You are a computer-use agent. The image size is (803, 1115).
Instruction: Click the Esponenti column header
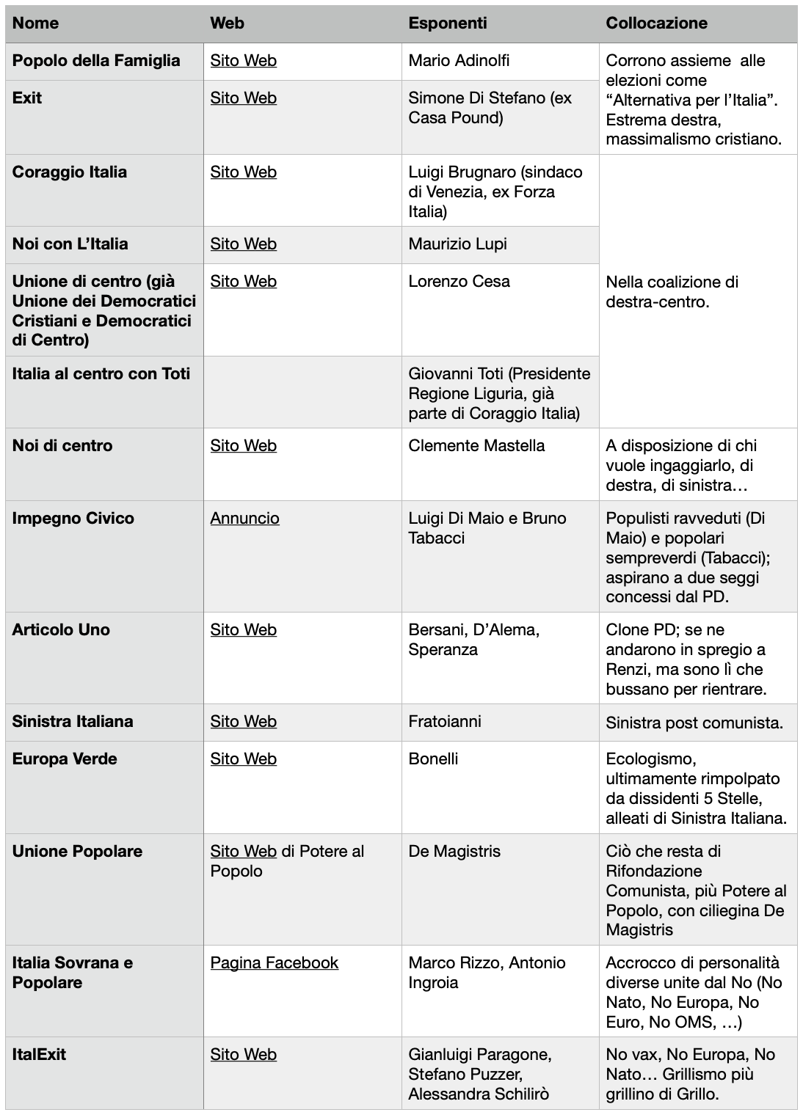tap(447, 23)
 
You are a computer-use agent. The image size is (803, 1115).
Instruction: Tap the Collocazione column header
tap(656, 23)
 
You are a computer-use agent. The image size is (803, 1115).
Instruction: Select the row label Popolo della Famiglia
tap(96, 60)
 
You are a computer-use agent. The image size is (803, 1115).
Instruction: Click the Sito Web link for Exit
tap(243, 98)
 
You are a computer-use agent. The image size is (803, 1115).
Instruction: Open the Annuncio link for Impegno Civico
tap(244, 518)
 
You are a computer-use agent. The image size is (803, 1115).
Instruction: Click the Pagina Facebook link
tap(274, 962)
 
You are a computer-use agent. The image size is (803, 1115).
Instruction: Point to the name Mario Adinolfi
tap(459, 60)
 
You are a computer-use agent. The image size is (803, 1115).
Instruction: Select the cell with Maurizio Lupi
tap(457, 244)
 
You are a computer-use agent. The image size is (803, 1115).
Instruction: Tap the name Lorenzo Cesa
tap(459, 281)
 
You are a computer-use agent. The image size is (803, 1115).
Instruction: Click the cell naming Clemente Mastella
tap(476, 445)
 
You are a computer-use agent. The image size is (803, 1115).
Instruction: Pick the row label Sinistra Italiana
tap(73, 721)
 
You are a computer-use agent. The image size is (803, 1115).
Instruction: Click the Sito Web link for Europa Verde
tap(243, 758)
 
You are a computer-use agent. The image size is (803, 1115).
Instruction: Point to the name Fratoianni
tap(445, 721)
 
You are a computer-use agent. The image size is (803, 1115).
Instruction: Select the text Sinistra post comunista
tap(694, 723)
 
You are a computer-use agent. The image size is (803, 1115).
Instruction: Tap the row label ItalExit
tap(39, 1054)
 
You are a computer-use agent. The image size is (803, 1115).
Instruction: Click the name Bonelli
tap(433, 758)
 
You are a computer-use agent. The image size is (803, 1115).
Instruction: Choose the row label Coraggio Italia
tap(70, 172)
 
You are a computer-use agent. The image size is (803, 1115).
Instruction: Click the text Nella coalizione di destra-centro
tap(672, 291)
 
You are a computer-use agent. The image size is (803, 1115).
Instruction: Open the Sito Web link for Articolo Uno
tap(243, 629)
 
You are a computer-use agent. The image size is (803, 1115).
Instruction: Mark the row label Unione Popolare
tap(77, 851)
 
